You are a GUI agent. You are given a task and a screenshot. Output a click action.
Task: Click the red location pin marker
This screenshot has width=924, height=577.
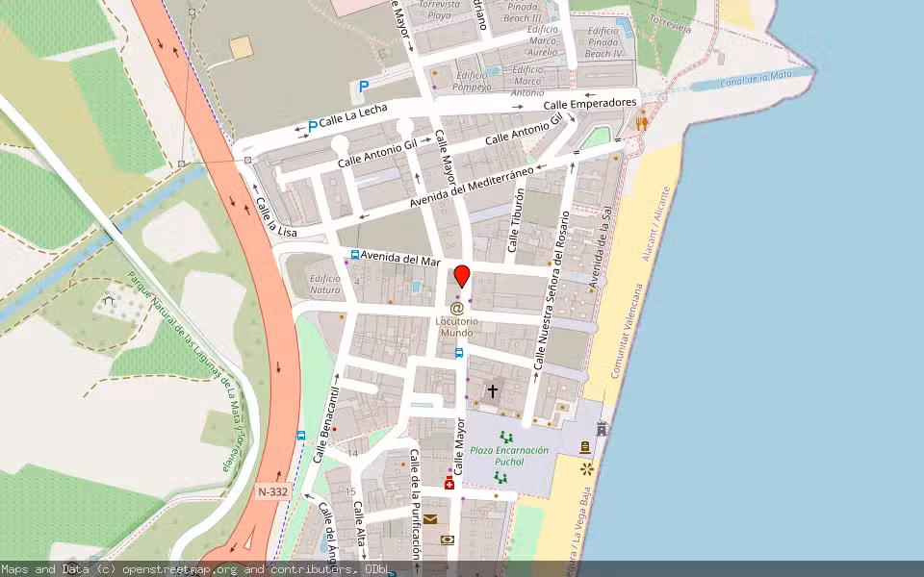tap(462, 275)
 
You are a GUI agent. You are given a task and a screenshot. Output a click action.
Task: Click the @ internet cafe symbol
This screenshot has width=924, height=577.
tap(457, 308)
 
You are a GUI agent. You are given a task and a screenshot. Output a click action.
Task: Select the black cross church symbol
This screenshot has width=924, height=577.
tap(493, 390)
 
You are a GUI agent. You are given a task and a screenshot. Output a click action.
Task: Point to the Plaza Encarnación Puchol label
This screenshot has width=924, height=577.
tap(509, 456)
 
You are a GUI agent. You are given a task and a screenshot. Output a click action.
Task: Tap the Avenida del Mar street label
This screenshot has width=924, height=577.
tap(401, 259)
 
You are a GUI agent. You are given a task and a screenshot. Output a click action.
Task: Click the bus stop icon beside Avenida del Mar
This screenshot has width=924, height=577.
tap(355, 255)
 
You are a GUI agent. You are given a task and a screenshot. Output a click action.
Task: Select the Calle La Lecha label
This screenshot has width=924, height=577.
tap(353, 116)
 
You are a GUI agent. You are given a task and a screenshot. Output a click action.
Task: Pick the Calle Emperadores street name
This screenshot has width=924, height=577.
tap(590, 103)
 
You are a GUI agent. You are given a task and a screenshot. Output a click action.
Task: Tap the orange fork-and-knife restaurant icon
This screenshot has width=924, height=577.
tap(642, 122)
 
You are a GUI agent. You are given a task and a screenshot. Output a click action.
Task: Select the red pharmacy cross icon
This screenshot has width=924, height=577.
tap(449, 483)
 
